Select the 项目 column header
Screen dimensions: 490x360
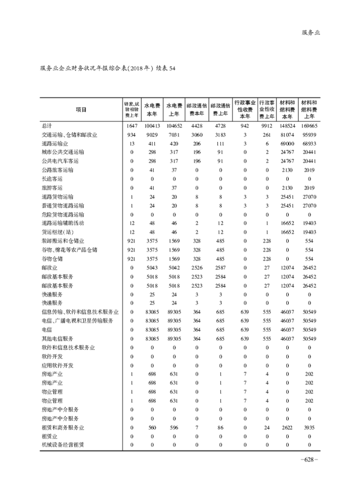coord(81,109)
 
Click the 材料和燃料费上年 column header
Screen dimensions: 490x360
coord(309,109)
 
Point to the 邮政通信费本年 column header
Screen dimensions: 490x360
coord(197,109)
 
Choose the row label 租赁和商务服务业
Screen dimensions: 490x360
coord(63,427)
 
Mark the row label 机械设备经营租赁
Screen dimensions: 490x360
coord(63,445)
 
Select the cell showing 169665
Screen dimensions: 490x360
coord(309,126)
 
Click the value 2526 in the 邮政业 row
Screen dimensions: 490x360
coord(197,268)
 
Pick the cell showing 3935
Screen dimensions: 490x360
coord(309,427)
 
